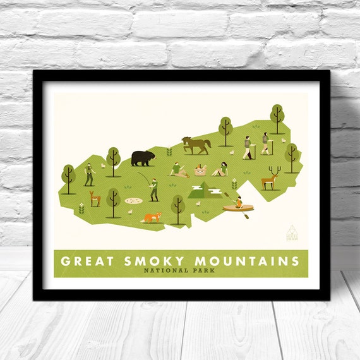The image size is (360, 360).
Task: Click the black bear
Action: (x=142, y=158)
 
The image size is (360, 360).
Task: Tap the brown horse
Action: (x=196, y=145)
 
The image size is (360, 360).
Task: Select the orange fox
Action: (x=151, y=217)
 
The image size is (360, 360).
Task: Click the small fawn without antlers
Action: (x=95, y=199)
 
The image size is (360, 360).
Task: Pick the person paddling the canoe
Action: (x=239, y=203)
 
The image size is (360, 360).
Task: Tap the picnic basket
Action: (x=201, y=170)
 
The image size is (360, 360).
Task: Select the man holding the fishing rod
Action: (x=153, y=188)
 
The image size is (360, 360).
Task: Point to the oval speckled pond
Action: (x=133, y=200)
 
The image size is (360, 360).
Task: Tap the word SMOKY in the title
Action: (x=153, y=261)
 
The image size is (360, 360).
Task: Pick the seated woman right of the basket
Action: (x=221, y=169)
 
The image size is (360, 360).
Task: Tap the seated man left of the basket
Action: (x=177, y=169)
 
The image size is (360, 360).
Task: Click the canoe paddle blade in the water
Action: (x=247, y=216)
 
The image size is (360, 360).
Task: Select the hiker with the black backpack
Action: (x=247, y=147)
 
